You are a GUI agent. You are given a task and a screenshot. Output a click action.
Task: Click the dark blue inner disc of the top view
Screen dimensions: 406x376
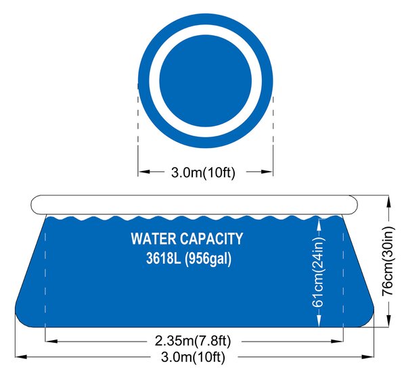[205, 80]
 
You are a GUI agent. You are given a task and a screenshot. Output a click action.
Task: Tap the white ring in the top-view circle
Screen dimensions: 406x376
[205, 30]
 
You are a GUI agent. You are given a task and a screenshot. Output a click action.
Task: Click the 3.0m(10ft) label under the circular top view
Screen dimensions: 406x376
[203, 172]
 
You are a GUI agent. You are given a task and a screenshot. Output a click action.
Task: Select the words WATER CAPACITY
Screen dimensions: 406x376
[187, 239]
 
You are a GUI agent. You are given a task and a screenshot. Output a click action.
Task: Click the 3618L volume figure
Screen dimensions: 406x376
[163, 258]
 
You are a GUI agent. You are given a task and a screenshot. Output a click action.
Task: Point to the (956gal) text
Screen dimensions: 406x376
[208, 259]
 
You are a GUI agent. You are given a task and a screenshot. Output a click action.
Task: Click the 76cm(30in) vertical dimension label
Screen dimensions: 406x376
[388, 261]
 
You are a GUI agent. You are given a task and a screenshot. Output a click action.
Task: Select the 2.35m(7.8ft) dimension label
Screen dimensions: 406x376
[193, 341]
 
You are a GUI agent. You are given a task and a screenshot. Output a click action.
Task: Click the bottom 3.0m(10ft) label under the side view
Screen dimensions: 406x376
[193, 357]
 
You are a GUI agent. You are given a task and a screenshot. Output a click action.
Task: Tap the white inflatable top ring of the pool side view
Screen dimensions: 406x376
[194, 204]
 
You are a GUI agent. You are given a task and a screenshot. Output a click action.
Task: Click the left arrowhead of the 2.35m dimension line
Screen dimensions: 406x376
[51, 342]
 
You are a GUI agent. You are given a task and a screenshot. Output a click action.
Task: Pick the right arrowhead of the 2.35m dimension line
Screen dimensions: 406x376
[338, 342]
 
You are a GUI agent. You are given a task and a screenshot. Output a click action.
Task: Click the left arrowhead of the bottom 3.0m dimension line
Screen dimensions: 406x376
[21, 357]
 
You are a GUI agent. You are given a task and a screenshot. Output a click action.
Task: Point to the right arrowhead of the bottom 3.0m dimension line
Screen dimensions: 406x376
[368, 357]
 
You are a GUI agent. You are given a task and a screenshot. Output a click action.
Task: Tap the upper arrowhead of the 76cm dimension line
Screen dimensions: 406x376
[388, 202]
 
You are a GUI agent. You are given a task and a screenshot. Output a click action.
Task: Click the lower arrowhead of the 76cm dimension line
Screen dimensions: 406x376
[388, 321]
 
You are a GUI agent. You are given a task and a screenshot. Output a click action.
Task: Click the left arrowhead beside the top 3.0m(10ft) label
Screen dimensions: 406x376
[144, 171]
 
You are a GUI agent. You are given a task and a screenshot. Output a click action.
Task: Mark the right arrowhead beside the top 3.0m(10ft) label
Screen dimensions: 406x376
[267, 171]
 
